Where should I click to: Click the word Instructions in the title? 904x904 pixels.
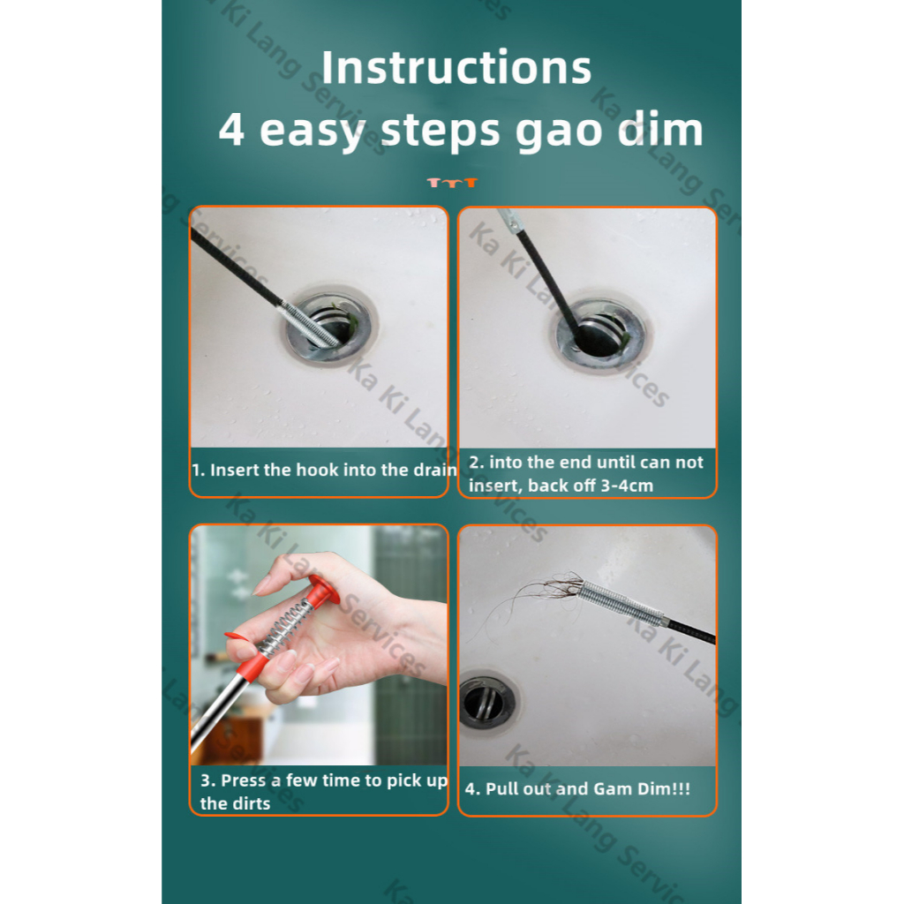tap(456, 67)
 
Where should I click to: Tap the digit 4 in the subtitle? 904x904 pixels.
tap(231, 130)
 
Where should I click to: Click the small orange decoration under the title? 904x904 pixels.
tap(452, 183)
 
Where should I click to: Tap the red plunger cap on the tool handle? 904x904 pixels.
tap(321, 593)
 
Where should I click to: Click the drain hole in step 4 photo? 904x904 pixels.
tap(487, 702)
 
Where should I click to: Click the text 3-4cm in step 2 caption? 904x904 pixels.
tap(627, 486)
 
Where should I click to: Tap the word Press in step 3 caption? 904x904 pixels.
tap(244, 780)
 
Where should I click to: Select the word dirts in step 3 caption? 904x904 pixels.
tap(252, 803)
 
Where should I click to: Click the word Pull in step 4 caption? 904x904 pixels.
tap(501, 788)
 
